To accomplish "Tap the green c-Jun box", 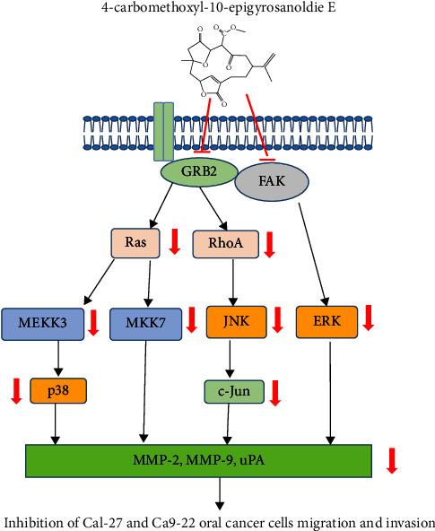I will tap(232, 392).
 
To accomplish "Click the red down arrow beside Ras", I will tap(176, 243).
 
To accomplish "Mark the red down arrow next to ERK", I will tap(368, 320).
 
